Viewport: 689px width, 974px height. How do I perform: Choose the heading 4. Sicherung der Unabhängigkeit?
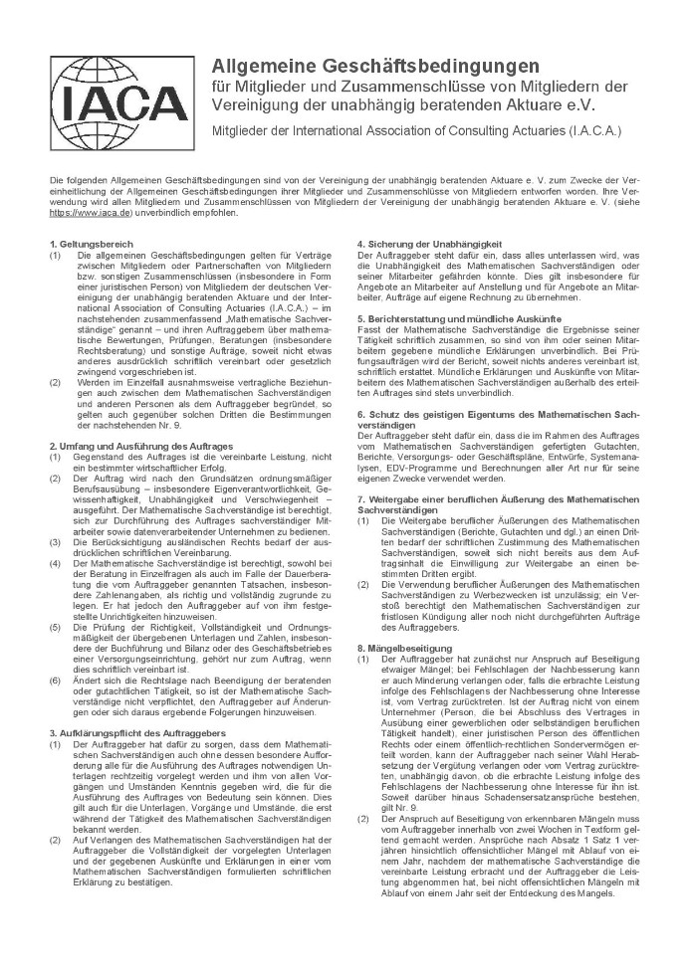[x=430, y=245]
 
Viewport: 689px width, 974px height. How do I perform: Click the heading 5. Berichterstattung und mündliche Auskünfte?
[x=459, y=316]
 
